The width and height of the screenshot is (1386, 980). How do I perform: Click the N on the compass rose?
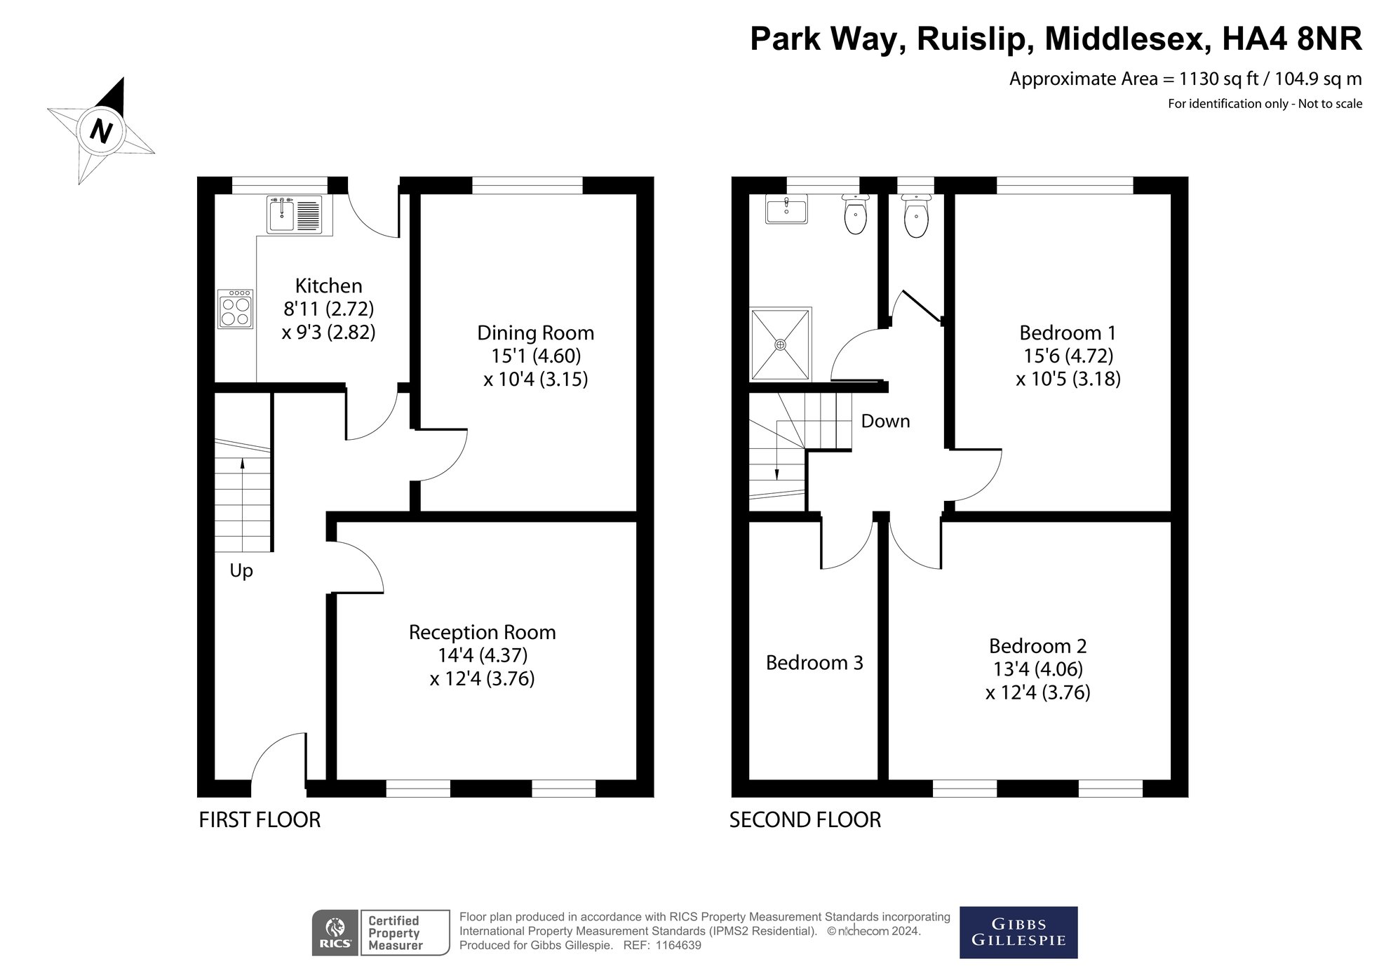pyautogui.click(x=102, y=130)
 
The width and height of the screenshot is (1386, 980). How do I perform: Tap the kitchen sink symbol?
pyautogui.click(x=294, y=214)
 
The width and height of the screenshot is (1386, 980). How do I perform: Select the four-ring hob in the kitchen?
pyautogui.click(x=236, y=309)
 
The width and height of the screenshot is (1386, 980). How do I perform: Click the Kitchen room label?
pyautogui.click(x=328, y=286)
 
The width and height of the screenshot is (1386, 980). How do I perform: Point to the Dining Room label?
pyautogui.click(x=535, y=333)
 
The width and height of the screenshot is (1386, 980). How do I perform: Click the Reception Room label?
pyautogui.click(x=482, y=632)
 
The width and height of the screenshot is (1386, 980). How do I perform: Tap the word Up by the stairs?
pyautogui.click(x=241, y=571)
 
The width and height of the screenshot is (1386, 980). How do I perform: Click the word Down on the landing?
pyautogui.click(x=885, y=421)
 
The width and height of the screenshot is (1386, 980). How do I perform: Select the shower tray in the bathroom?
pyautogui.click(x=781, y=344)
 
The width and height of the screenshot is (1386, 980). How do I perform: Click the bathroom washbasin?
pyautogui.click(x=787, y=208)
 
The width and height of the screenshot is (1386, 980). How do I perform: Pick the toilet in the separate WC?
pyautogui.click(x=916, y=215)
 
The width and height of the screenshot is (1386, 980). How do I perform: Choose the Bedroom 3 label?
pyautogui.click(x=814, y=663)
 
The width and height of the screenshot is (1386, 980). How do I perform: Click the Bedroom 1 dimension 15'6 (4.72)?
pyautogui.click(x=1068, y=356)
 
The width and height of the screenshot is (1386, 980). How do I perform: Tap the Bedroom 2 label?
pyautogui.click(x=1037, y=645)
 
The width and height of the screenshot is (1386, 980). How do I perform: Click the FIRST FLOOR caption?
pyautogui.click(x=260, y=819)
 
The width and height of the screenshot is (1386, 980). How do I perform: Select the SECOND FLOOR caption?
pyautogui.click(x=805, y=819)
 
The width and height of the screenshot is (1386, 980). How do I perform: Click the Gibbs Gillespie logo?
pyautogui.click(x=1018, y=932)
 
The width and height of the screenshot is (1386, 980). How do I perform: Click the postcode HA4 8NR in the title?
pyautogui.click(x=1292, y=39)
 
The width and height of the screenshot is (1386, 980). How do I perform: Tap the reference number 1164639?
pyautogui.click(x=678, y=946)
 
